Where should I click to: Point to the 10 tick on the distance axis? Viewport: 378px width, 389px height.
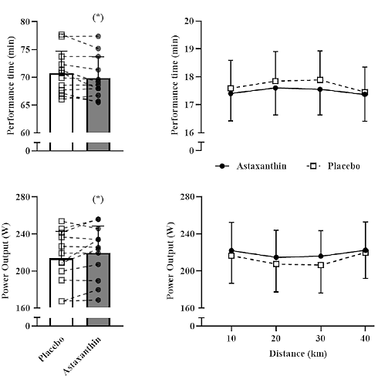point(231,338)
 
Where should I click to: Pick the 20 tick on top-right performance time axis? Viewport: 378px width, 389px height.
point(188,22)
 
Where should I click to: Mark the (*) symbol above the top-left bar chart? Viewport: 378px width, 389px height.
point(98,17)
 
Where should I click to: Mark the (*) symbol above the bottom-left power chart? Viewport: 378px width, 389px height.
point(98,200)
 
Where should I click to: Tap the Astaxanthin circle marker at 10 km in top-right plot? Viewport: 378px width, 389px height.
point(231,93)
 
